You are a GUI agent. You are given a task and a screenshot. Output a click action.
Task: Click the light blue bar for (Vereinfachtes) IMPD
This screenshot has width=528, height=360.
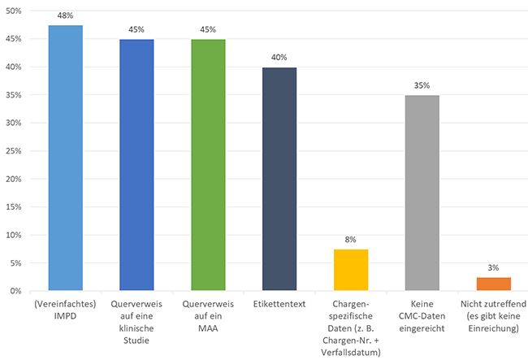click(65, 158)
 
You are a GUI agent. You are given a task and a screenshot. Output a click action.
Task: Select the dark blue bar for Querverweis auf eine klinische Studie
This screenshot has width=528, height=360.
click(136, 165)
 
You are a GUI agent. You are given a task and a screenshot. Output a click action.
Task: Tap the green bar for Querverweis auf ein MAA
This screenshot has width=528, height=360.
click(208, 165)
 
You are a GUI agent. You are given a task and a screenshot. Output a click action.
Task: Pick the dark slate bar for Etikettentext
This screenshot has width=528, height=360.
click(279, 179)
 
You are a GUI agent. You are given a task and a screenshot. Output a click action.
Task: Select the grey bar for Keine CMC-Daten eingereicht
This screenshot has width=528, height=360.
click(422, 193)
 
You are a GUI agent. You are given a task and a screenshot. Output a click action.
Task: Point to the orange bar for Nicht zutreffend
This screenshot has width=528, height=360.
click(494, 284)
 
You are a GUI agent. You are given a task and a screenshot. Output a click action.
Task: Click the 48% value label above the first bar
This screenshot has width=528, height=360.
click(65, 15)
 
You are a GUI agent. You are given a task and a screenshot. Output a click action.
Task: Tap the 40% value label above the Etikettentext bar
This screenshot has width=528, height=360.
click(279, 58)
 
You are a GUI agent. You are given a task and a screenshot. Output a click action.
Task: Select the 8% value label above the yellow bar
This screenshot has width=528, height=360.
click(351, 240)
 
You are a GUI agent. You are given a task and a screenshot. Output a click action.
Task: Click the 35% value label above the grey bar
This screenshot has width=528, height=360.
click(422, 85)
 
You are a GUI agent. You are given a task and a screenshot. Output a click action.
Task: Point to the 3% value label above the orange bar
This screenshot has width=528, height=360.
click(494, 267)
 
